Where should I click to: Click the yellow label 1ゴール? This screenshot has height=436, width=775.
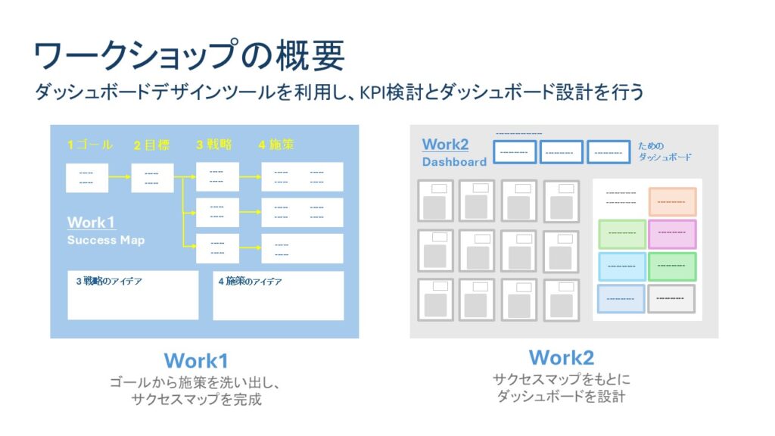click(89, 145)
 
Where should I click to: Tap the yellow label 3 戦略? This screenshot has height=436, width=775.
click(214, 145)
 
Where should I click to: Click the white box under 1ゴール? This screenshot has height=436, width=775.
click(86, 178)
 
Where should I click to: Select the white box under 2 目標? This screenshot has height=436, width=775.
click(152, 178)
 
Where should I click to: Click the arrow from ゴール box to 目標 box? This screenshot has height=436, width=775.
click(119, 178)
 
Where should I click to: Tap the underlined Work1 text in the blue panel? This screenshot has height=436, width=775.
click(91, 223)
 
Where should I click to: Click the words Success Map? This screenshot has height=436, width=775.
click(105, 240)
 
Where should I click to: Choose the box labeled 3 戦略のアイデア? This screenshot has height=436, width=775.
click(132, 295)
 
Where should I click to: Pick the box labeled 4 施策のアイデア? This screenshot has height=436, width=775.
click(278, 295)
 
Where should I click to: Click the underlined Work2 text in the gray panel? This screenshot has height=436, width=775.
click(445, 145)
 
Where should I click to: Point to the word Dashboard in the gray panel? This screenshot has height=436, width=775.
click(454, 162)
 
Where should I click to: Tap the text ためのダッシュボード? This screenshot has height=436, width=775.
click(665, 151)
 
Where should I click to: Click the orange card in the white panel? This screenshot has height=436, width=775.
click(672, 202)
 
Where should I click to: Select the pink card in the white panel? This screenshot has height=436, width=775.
click(672, 234)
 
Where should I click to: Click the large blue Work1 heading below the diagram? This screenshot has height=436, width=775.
click(196, 360)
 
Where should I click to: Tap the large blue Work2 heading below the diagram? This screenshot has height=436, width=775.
click(561, 357)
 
